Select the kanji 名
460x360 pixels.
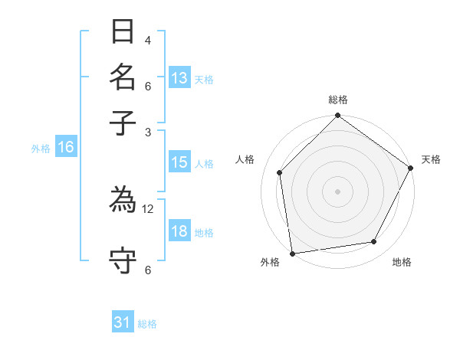point(123,78)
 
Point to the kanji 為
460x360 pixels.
point(123,203)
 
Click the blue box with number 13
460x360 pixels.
point(179,78)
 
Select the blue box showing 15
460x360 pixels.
point(179,162)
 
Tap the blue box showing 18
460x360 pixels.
point(179,232)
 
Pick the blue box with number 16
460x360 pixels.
point(66,148)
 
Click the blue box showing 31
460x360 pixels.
point(123,322)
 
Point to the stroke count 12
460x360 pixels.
point(148,208)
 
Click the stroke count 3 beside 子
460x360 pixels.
point(148,132)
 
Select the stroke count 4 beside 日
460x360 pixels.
point(148,40)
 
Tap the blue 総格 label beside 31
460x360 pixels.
point(147,324)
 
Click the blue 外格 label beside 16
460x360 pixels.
point(41,149)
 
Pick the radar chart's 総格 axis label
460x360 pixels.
point(338,100)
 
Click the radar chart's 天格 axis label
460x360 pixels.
point(431,159)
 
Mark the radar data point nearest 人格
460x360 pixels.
point(280,172)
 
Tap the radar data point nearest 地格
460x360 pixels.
point(374,242)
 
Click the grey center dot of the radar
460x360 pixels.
point(337,191)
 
